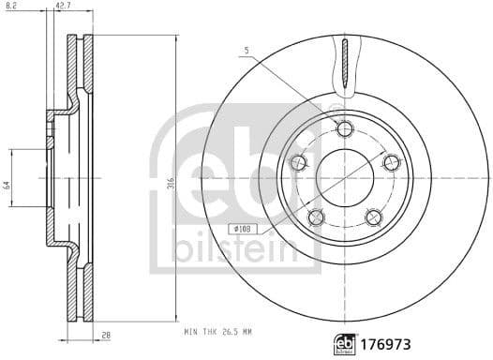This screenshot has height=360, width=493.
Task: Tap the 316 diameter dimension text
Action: click(169, 185)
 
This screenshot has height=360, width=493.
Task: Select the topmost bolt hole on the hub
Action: click(344, 128)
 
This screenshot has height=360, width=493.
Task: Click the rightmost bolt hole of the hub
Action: click(392, 162)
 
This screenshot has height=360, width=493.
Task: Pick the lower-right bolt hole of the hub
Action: click(373, 217)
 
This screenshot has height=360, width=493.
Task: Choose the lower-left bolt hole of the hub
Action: click(316, 217)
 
